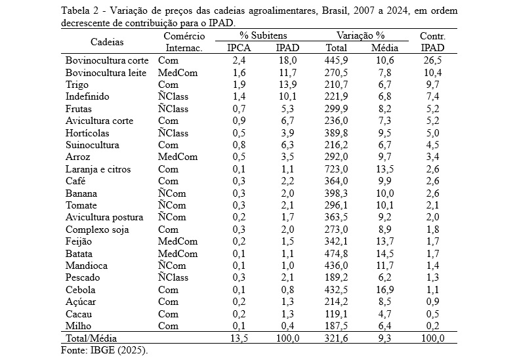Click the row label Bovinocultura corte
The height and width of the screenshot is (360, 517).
tap(107, 61)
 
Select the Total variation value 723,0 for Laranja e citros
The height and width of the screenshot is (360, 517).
tap(336, 169)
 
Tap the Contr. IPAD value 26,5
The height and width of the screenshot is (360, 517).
tap(432, 61)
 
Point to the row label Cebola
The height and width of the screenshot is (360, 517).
tap(81, 290)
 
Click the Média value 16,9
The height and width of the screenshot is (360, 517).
tap(384, 290)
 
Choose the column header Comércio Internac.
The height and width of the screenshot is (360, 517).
tap(184, 42)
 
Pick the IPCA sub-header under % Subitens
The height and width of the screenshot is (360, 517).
tap(239, 48)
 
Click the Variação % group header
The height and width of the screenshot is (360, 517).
tap(360, 35)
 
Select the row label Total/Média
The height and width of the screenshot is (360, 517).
tap(91, 338)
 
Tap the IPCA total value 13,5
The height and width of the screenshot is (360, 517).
tap(239, 338)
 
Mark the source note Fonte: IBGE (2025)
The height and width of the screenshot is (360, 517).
tap(104, 350)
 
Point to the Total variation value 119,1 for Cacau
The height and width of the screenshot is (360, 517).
tap(336, 314)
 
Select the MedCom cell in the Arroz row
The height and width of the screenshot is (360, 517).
tap(178, 157)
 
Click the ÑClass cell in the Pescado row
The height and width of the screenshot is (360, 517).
tap(173, 277)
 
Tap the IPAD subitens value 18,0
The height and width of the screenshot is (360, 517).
tap(287, 61)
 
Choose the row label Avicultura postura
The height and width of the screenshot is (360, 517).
tap(104, 218)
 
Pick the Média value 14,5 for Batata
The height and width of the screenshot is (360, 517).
tap(384, 254)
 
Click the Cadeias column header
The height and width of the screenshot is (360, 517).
tap(107, 42)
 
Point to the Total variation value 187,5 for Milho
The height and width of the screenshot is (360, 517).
tap(336, 326)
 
